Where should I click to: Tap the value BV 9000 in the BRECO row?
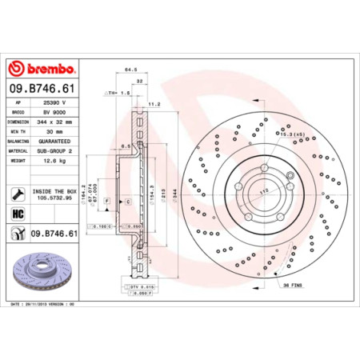coord(53,114)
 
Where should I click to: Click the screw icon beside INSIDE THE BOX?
coord(17,194)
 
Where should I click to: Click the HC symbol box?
coord(17,215)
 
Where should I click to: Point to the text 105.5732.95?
coord(55,198)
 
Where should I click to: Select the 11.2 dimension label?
coord(155,103)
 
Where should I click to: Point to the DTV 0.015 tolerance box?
coord(141,286)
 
